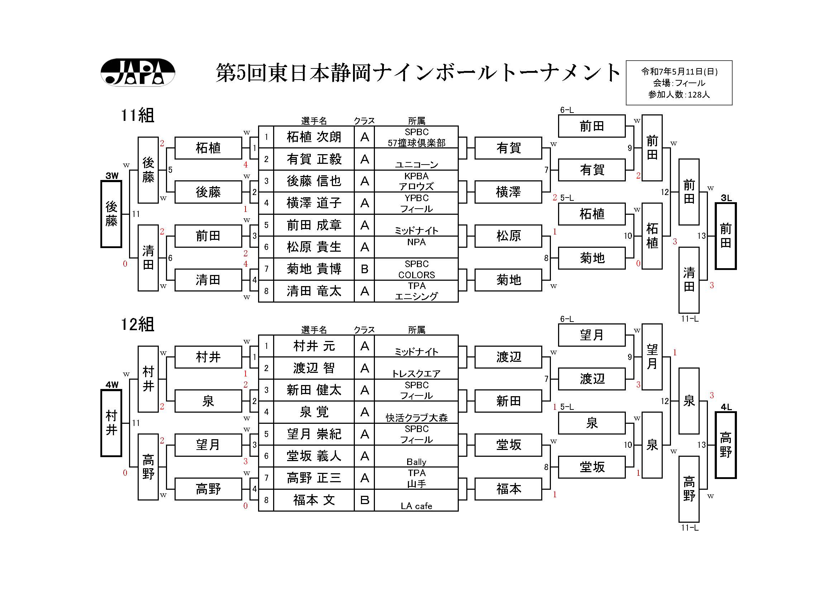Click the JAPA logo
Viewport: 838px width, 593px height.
pos(138,72)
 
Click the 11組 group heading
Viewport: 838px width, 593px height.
pos(137,115)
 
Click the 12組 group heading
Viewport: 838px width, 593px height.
pos(137,324)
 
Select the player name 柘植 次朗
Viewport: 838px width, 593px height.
pos(314,137)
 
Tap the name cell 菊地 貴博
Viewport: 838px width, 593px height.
pos(314,269)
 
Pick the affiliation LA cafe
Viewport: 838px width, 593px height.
pos(416,506)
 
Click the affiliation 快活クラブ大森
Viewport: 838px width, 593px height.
pos(416,418)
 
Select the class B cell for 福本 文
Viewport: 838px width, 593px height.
pos(364,500)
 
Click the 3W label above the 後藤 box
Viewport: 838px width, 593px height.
pos(112,176)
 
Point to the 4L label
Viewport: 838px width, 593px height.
pos(726,407)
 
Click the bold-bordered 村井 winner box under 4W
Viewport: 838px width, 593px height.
pos(111,423)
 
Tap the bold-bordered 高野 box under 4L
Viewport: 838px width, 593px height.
pos(725,445)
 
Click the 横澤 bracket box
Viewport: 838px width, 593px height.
pos(508,192)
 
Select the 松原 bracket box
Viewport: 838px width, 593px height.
pos(508,236)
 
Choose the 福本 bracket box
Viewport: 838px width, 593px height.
pos(508,489)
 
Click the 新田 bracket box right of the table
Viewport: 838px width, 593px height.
pos(508,401)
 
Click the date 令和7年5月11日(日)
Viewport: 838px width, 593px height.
pos(679,72)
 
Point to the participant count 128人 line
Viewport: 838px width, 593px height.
pos(679,95)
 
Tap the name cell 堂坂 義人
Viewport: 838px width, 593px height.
pos(314,456)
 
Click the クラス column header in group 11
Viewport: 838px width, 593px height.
pos(364,121)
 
